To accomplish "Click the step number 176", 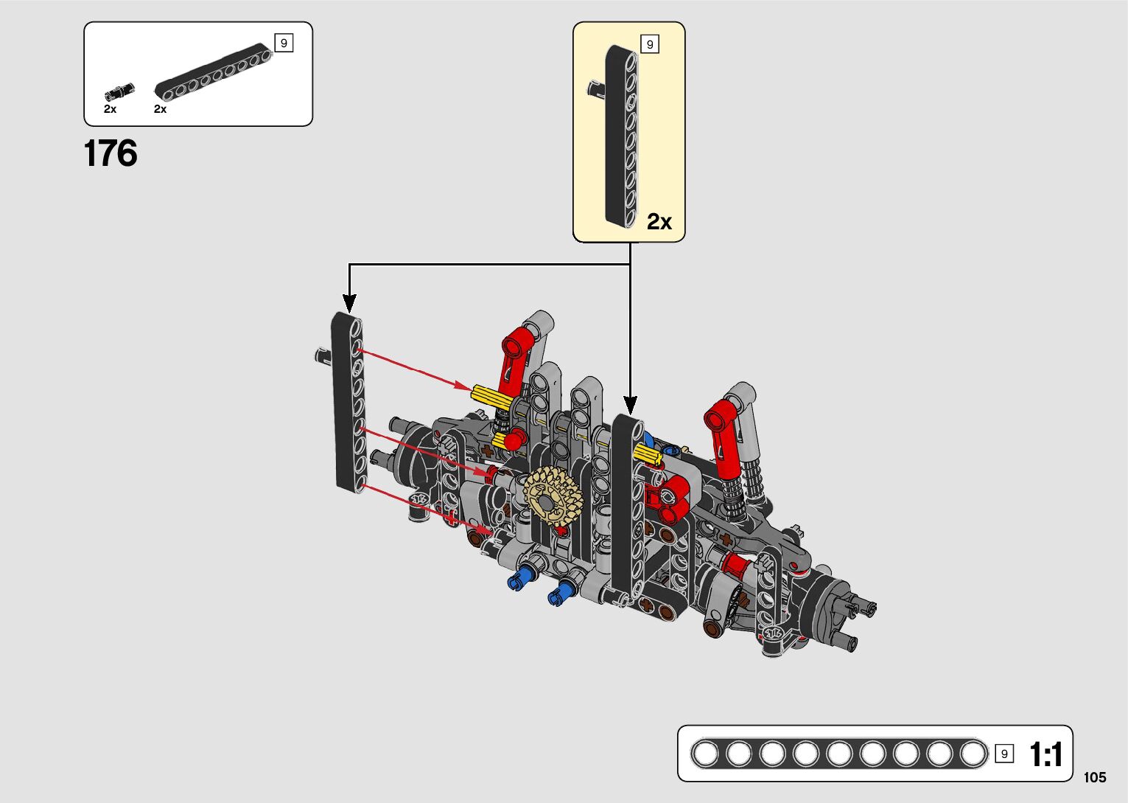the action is pyautogui.click(x=111, y=153).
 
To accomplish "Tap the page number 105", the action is pyautogui.click(x=1095, y=776).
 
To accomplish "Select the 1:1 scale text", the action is pyautogui.click(x=1045, y=754).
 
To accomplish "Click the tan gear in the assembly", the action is pyautogui.click(x=553, y=496).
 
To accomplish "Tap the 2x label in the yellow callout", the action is pyautogui.click(x=659, y=221).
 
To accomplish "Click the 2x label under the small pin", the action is pyautogui.click(x=110, y=109).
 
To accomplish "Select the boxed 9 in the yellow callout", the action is pyautogui.click(x=650, y=44).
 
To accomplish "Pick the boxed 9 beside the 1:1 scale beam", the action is pyautogui.click(x=1004, y=754).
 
